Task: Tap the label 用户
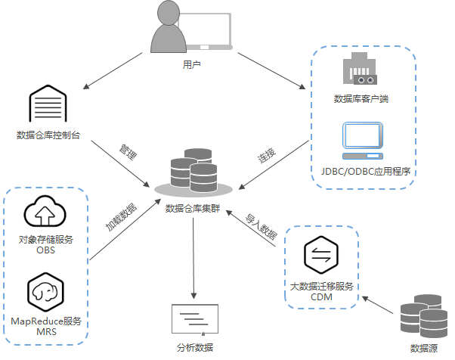[x=191, y=65]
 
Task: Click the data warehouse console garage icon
[x=48, y=105]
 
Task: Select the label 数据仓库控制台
[x=48, y=135]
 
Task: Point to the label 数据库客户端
[x=361, y=98]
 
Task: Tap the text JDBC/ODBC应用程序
[x=364, y=172]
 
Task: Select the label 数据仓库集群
[x=191, y=208]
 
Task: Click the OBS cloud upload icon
[x=46, y=213]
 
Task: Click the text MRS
[x=46, y=332]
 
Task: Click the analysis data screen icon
[x=195, y=317]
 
